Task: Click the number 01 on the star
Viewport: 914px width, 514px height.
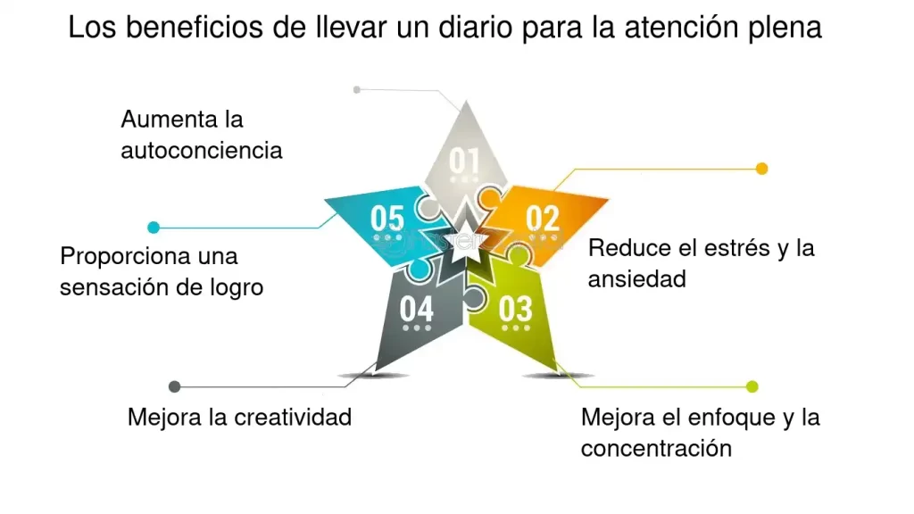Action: click(x=464, y=161)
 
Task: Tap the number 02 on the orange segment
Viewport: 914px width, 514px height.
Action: click(x=542, y=218)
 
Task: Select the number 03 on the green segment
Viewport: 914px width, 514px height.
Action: click(x=515, y=309)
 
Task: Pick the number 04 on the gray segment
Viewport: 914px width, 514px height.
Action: click(x=416, y=309)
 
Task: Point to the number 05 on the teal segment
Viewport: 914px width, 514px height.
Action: click(x=387, y=218)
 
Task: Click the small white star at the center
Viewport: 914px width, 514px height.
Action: click(x=465, y=247)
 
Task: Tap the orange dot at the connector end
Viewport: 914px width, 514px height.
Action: click(x=761, y=169)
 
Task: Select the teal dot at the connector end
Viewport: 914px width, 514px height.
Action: click(x=154, y=228)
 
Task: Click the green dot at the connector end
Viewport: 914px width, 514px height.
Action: click(x=752, y=386)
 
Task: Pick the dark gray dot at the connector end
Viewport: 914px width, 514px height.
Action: click(x=175, y=386)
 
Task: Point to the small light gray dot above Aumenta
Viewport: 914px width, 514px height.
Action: click(x=357, y=89)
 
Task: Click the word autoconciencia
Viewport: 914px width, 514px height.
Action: click(x=202, y=150)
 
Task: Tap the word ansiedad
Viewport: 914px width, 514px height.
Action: click(x=636, y=278)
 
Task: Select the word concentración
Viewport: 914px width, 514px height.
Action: click(x=656, y=447)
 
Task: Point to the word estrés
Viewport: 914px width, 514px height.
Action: click(x=729, y=247)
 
